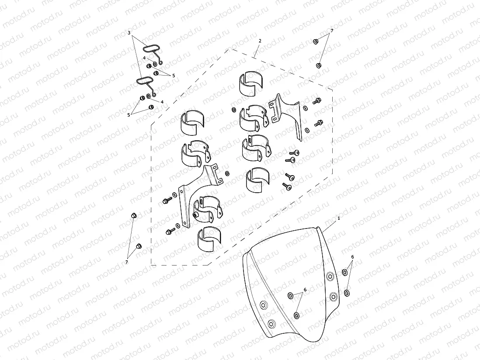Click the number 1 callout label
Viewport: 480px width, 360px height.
[x=339, y=218]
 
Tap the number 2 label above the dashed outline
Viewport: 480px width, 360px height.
[x=260, y=41]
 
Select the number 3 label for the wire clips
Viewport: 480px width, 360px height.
[x=129, y=33]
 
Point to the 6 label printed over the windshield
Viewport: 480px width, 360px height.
[x=305, y=289]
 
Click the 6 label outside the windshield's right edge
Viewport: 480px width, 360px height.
[x=352, y=257]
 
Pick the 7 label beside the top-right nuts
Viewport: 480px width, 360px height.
[x=332, y=31]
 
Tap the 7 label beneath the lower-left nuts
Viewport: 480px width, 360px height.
[x=127, y=262]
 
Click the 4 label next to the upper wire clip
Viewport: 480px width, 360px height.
[x=144, y=58]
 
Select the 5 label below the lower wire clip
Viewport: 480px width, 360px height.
[x=129, y=115]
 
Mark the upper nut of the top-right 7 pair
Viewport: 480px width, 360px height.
[x=316, y=42]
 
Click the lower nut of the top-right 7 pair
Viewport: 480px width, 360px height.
[x=318, y=65]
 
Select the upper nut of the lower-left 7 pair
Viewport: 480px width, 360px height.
[x=133, y=215]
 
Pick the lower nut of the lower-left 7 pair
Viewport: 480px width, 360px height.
[x=139, y=246]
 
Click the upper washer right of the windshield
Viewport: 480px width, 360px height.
[x=344, y=272]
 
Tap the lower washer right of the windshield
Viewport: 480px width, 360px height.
[x=347, y=293]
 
